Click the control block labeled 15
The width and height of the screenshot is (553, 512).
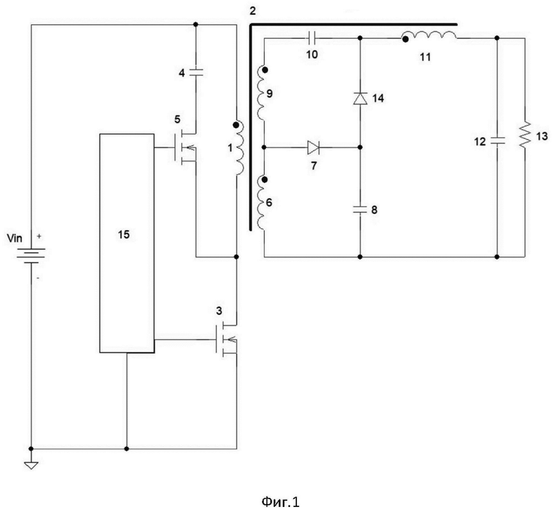[127, 243]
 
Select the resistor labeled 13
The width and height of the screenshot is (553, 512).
[525, 135]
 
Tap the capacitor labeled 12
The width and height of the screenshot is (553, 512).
[496, 141]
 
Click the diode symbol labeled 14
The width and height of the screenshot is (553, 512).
[359, 98]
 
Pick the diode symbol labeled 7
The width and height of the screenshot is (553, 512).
[313, 147]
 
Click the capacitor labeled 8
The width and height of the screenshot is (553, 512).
[359, 210]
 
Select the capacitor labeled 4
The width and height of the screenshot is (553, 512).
[196, 73]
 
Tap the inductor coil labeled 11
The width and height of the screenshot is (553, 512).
[431, 35]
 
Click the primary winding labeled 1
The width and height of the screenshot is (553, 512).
[239, 148]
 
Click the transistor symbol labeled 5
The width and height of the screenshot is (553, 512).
[185, 147]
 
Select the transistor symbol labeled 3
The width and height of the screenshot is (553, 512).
[226, 340]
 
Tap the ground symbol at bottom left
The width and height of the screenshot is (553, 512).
[31, 465]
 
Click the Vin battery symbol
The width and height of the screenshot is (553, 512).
[30, 256]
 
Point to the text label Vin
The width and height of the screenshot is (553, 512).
[14, 239]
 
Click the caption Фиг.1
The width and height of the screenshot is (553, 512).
[280, 501]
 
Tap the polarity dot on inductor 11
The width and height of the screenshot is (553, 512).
[406, 40]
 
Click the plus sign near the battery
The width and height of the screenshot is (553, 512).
[39, 236]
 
